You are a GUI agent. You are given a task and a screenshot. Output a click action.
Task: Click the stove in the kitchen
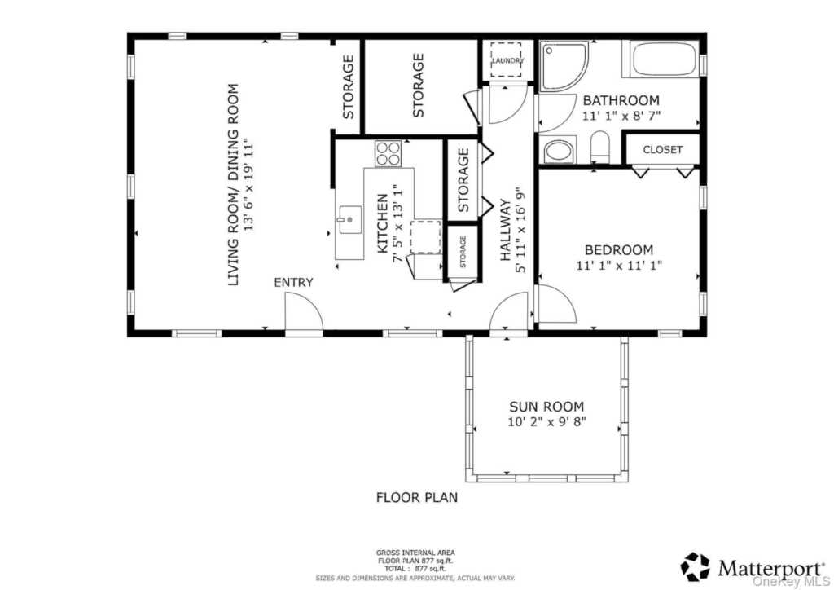tap(388, 152)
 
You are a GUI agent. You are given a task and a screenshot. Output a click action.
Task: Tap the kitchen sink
tap(349, 220)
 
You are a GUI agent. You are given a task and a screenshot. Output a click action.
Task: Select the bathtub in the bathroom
tap(660, 59)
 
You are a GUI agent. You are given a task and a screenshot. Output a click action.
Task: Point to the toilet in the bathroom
tap(599, 147)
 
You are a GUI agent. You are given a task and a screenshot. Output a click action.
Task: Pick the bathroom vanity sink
tap(557, 151)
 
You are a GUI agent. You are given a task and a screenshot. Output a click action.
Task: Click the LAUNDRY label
tap(507, 60)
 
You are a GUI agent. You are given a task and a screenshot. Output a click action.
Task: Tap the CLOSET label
tap(662, 149)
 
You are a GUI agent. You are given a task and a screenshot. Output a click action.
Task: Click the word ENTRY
tap(293, 283)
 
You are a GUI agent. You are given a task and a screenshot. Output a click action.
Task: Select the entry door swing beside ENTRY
tap(304, 313)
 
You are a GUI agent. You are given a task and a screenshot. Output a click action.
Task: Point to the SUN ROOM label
tap(546, 407)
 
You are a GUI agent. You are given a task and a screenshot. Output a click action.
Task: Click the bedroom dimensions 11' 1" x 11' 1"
tap(619, 264)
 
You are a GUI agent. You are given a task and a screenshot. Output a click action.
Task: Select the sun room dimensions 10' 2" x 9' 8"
tap(546, 422)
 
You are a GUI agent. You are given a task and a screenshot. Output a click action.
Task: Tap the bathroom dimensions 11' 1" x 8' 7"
tap(621, 116)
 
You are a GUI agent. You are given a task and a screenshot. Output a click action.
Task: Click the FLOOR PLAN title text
tap(416, 497)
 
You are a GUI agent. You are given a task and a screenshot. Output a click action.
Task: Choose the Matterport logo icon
tap(696, 566)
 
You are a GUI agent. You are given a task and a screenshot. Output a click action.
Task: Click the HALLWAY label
tap(505, 231)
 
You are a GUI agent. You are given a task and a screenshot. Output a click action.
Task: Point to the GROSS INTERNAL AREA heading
tap(415, 553)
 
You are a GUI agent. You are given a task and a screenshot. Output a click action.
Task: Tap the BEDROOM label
tap(619, 249)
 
